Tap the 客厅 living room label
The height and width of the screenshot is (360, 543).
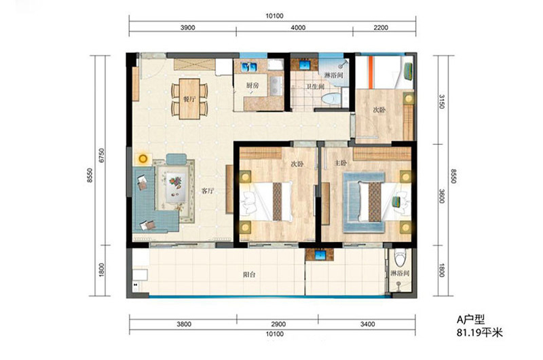208,191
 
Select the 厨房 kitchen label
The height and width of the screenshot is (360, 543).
252,85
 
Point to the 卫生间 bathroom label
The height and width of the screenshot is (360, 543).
314,87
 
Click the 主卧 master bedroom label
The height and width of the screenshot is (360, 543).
341,163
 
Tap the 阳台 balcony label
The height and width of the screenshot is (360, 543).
249,275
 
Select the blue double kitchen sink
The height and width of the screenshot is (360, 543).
249,67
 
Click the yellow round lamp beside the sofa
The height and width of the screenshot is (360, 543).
143,159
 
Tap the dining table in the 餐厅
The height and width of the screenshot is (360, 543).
189,98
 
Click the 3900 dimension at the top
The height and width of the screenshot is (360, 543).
187,28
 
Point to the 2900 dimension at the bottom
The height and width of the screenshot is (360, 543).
278,324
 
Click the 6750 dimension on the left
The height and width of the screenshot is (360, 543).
101,156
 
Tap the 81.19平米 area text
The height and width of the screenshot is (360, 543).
480,333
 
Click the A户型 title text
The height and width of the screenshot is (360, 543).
470,319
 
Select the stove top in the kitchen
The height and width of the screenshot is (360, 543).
276,86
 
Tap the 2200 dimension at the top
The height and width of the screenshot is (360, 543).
381,28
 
